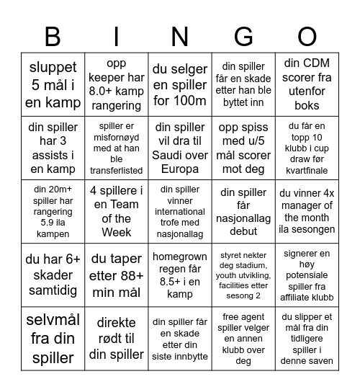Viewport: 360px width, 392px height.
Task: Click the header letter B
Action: coord(53,36)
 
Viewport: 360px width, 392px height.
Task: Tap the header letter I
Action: coord(116,36)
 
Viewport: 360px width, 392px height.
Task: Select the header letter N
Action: coord(179,36)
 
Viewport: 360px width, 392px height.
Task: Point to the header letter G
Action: coord(243,36)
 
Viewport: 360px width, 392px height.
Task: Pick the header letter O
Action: coord(307,36)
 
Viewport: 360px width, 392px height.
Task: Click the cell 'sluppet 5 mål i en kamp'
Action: coord(53,84)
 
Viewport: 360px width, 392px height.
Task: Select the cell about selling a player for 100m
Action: coord(179,84)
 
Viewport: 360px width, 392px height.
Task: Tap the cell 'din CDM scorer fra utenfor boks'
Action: coord(307,84)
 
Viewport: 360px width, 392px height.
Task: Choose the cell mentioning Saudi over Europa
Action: coord(179,148)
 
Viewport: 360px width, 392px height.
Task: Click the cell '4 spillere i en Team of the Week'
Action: coord(116,211)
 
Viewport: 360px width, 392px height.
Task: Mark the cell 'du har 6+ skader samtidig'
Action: coord(53,275)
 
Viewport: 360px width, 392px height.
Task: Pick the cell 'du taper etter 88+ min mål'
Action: coord(116,275)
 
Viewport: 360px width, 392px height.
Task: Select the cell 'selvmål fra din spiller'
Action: coord(53,338)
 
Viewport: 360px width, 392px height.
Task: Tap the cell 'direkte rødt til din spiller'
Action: coord(116,338)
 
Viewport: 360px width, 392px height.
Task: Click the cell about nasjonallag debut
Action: coord(243,211)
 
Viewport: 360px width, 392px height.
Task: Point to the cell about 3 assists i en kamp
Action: coord(53,148)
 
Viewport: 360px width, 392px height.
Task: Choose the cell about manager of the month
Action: coord(307,211)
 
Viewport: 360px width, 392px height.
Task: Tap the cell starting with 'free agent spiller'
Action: coord(243,338)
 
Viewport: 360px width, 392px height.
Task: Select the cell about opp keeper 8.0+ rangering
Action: coord(116,84)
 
